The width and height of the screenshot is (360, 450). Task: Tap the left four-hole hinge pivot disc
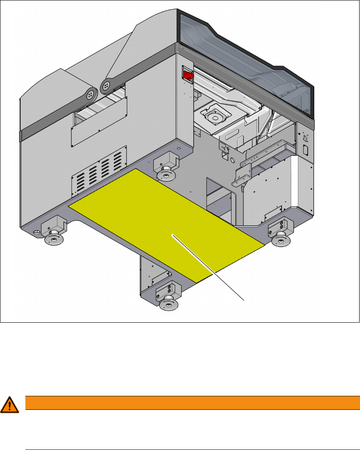(x=90, y=95)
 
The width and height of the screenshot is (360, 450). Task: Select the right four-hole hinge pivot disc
(x=104, y=86)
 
